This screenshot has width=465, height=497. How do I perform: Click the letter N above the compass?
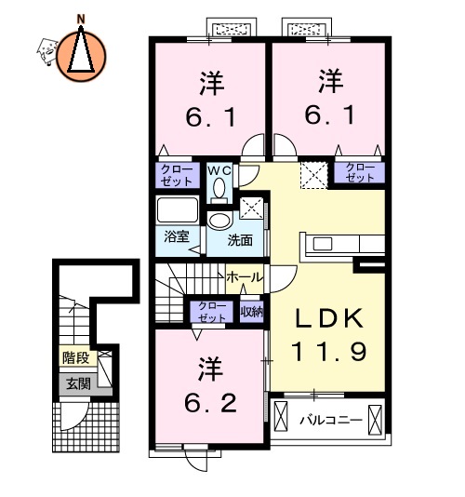(82, 19)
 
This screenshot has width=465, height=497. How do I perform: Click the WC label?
(219, 170)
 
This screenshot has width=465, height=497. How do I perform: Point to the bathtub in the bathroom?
(178, 209)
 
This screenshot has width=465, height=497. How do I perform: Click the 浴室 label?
(177, 236)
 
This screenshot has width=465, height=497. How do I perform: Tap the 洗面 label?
(240, 240)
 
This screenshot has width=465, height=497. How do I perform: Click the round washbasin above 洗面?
(219, 221)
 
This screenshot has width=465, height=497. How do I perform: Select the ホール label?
(245, 277)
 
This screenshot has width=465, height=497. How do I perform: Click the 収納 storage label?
(251, 312)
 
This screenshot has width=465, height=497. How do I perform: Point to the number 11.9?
(329, 351)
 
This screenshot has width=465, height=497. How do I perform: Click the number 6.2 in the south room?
(210, 403)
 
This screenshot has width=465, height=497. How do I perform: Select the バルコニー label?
(331, 421)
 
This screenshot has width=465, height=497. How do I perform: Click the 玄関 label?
(78, 383)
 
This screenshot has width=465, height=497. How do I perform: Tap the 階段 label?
(75, 358)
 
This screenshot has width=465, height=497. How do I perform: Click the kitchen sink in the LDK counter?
(323, 244)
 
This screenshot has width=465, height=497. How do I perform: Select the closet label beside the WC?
(177, 175)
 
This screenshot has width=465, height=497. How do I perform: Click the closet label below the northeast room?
(360, 172)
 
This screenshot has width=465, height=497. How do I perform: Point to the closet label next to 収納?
(212, 312)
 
